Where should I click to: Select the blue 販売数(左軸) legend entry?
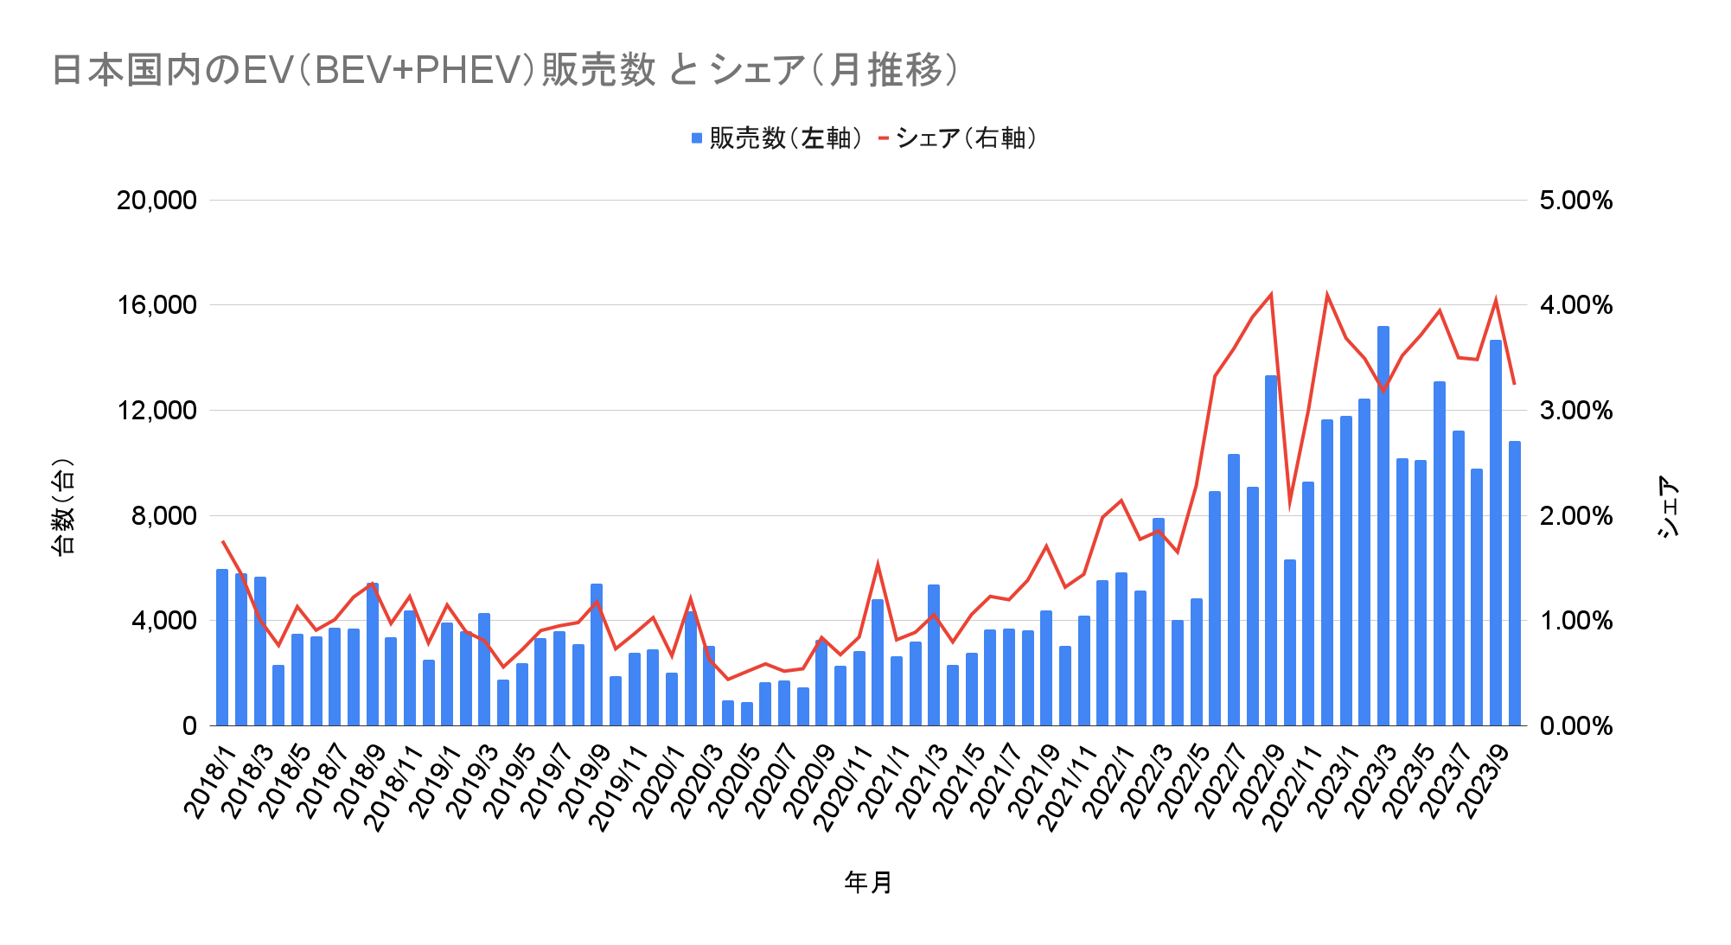point(776,138)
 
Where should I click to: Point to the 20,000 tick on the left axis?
point(156,201)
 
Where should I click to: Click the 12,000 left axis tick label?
point(156,411)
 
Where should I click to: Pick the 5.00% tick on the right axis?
point(1575,201)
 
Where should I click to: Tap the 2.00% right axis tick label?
point(1575,516)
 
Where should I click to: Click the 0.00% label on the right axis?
point(1575,726)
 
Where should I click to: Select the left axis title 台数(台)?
point(64,507)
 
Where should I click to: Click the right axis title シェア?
point(1669,507)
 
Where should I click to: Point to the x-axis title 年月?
point(868,882)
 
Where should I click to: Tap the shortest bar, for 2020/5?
point(747,714)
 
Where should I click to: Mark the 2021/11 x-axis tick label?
point(1065,789)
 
